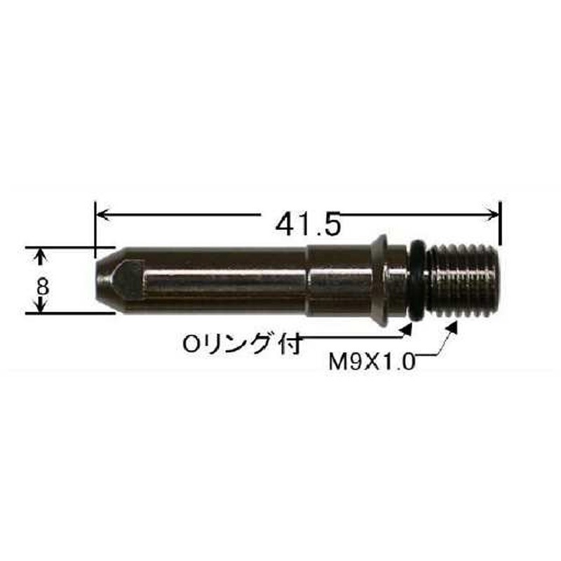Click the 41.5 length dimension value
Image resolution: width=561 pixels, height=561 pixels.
(308, 224)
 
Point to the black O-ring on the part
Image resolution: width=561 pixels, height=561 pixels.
(417, 281)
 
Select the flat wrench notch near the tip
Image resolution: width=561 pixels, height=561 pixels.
(128, 278)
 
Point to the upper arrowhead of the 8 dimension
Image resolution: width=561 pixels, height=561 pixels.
(41, 252)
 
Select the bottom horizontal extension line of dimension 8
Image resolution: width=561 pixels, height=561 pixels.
(70, 313)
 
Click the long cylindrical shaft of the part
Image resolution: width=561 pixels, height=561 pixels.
(224, 280)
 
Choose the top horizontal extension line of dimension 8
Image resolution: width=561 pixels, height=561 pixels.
(70, 247)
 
